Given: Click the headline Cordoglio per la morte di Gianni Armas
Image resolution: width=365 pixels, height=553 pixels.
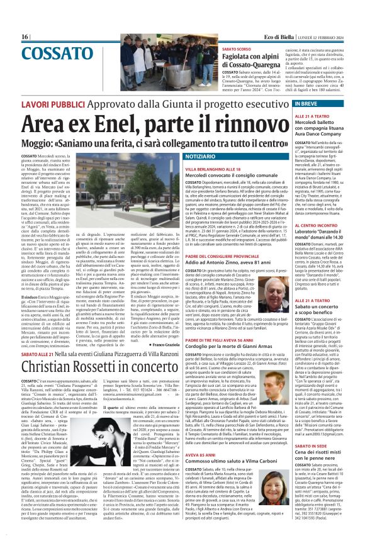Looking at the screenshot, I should click(236, 348).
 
